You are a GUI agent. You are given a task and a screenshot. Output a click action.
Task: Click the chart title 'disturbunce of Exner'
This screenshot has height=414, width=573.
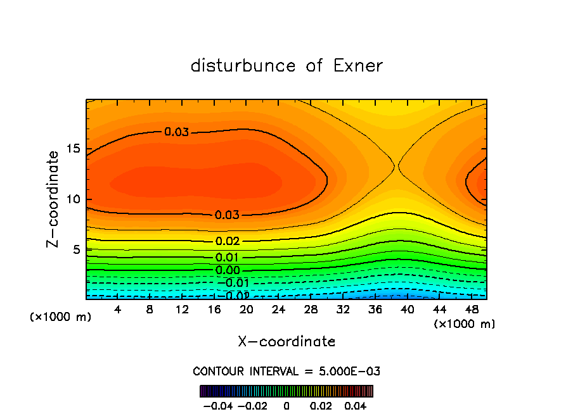point(286,66)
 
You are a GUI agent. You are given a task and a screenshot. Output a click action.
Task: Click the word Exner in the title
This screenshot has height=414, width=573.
point(357,66)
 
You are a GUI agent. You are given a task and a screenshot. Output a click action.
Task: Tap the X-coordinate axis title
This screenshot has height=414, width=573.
point(286,342)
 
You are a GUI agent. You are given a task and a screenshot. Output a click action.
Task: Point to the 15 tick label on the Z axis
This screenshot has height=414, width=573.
point(72,149)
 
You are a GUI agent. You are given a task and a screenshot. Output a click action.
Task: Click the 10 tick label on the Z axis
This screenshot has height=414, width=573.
point(72,199)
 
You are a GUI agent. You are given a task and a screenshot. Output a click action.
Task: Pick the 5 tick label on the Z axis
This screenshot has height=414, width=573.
point(75,250)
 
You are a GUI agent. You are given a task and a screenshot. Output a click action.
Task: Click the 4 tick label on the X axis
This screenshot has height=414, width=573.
point(118,310)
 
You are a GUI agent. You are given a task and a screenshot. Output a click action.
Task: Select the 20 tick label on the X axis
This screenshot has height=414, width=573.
point(246,310)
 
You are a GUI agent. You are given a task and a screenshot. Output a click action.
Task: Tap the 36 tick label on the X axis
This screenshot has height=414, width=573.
point(375,310)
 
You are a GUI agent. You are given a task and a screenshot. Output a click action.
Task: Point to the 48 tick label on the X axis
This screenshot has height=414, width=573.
point(471,310)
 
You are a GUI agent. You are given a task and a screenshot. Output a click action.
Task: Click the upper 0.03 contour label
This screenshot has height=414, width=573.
point(176,132)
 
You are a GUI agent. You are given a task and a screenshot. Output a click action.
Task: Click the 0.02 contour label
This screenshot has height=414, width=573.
point(228,241)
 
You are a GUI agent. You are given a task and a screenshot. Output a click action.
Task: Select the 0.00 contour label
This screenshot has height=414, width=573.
point(228,270)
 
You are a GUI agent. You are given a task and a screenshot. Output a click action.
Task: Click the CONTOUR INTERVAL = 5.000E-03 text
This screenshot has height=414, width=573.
point(286,371)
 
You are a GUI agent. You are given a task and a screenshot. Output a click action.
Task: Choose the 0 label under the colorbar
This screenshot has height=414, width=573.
point(286,405)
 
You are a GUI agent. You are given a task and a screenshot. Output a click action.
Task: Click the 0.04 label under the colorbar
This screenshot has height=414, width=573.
point(356,405)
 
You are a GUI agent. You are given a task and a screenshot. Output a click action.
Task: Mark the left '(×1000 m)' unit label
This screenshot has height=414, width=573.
point(60,317)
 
